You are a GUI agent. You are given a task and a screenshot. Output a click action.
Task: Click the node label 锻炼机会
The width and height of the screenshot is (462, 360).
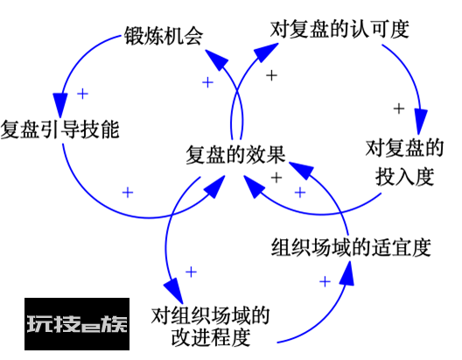coord(164,36)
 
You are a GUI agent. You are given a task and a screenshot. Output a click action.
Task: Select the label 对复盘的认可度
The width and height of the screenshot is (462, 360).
coord(339,29)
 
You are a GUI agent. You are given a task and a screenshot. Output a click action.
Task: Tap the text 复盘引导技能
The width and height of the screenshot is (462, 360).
coord(59,129)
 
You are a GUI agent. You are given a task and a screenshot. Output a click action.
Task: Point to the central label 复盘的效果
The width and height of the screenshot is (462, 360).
coord(235,154)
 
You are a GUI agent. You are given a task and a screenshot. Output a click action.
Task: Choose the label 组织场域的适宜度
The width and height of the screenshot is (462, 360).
coord(351,247)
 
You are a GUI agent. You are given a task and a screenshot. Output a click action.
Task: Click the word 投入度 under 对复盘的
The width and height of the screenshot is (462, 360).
coord(404,176)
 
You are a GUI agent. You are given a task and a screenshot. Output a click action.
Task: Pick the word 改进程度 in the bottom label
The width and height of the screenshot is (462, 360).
coord(211,336)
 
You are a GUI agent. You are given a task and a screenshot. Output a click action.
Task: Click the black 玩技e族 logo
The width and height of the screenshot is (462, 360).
coord(77,324)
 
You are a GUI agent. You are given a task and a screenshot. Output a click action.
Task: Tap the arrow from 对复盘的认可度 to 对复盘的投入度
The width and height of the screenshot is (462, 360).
coord(412,77)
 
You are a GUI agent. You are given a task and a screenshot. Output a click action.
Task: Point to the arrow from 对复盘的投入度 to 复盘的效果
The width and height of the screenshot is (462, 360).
coord(318,214)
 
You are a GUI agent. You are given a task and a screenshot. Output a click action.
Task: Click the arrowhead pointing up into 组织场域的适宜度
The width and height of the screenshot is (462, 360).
coord(347,272)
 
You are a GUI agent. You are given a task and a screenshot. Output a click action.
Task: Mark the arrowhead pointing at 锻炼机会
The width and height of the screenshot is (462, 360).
coord(217,59)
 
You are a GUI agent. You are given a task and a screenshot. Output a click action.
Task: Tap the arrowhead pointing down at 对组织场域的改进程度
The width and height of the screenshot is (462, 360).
coord(174,291)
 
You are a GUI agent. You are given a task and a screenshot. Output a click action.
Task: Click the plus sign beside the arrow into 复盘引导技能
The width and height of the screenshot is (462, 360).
coord(83,94)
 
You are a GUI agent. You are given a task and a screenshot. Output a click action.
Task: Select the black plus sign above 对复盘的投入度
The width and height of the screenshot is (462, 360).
coord(399,109)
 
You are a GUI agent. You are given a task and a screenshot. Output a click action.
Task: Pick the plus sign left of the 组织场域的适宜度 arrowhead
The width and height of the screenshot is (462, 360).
coord(325,281)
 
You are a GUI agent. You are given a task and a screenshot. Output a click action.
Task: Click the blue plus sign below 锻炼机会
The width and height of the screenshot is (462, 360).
coord(207,82)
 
